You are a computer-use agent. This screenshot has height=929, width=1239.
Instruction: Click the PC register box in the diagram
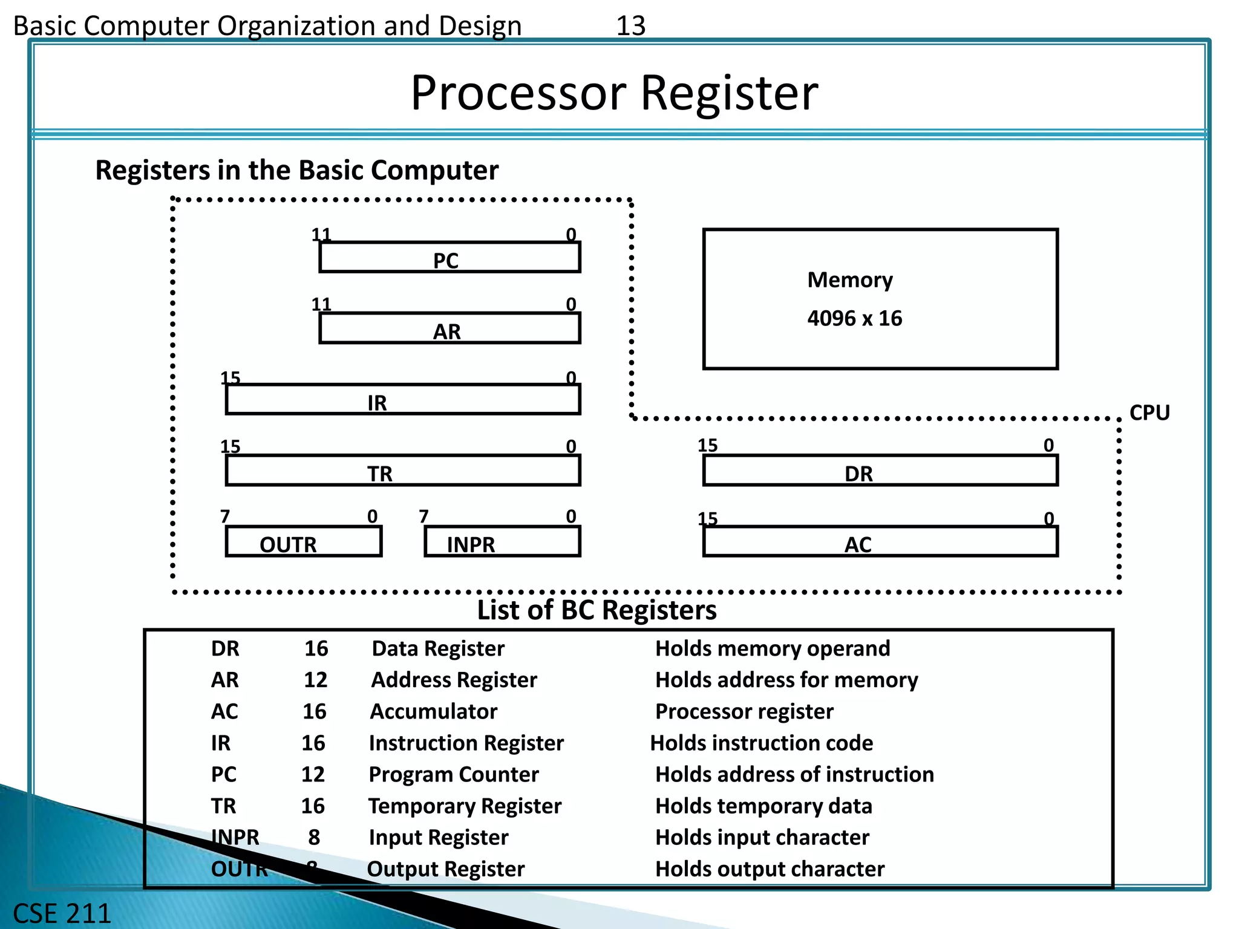click(x=450, y=258)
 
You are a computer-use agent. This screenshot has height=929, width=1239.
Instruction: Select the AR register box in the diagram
click(x=450, y=328)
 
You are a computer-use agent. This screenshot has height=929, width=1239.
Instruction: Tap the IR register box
click(x=403, y=400)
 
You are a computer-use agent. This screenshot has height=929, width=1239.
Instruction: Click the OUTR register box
click(x=304, y=542)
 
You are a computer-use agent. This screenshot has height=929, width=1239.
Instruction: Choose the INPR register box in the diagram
click(x=502, y=542)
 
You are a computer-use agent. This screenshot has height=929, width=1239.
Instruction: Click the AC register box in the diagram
click(x=880, y=542)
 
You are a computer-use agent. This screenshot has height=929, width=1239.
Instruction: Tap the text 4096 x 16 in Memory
click(x=854, y=319)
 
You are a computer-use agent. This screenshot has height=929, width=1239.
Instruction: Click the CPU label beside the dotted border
click(x=1149, y=413)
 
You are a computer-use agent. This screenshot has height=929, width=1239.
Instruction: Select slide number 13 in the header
click(x=630, y=26)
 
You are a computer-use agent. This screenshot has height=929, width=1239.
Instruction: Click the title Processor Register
click(x=614, y=93)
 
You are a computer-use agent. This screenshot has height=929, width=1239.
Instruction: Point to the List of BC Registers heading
click(x=597, y=610)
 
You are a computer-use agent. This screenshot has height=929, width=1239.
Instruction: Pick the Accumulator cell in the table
click(x=434, y=712)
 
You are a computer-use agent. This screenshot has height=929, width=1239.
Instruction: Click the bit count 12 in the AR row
click(x=315, y=680)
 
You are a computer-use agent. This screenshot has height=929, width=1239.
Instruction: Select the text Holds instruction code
click(x=761, y=743)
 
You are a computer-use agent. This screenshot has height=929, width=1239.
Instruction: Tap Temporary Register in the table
click(x=465, y=806)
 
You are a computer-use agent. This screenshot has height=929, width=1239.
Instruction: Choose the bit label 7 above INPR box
click(x=423, y=517)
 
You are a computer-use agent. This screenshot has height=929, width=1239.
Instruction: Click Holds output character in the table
click(x=770, y=869)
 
